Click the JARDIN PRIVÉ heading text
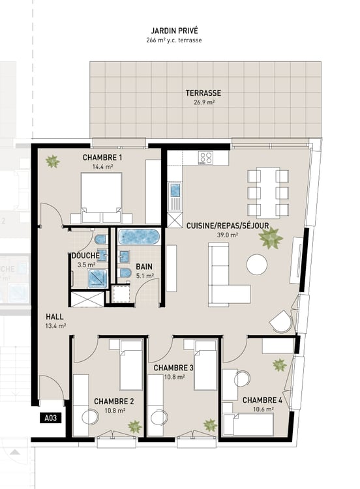point(174,30)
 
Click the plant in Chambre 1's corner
point(52,161)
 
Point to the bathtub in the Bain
point(138,235)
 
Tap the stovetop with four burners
point(207,158)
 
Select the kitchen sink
point(175,192)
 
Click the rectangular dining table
point(268,192)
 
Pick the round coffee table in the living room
point(256,264)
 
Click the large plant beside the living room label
point(271,238)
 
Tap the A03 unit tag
point(50,419)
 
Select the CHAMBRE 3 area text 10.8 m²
point(173,378)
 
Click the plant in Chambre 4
point(279,365)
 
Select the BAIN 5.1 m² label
point(145,271)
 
